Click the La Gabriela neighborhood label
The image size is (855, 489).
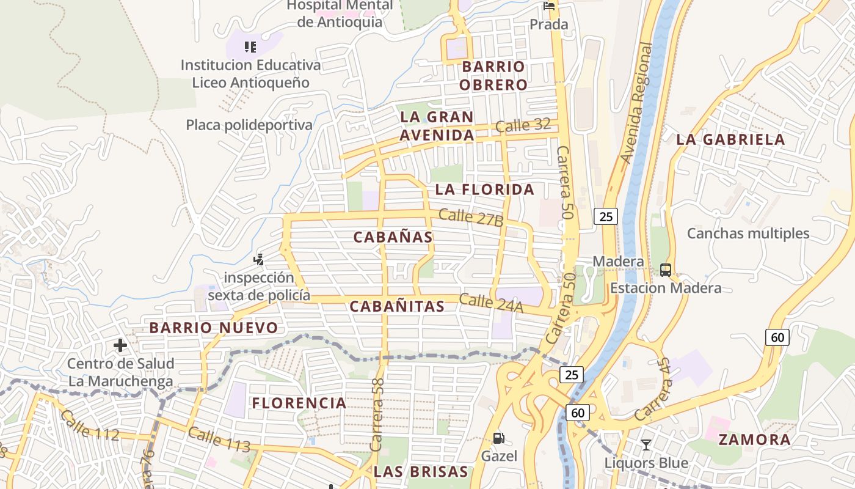point(730,139)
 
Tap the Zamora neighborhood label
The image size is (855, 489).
point(754,439)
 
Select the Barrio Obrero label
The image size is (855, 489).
point(493,76)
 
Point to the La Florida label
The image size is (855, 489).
point(485,189)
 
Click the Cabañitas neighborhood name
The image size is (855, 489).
point(397,307)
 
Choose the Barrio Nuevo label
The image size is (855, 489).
point(214,328)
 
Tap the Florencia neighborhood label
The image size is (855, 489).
point(299,403)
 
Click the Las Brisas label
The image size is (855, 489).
point(421,472)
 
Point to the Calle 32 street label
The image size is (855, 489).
point(523,126)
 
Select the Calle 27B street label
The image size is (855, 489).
point(471,218)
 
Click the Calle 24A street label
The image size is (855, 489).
point(491,303)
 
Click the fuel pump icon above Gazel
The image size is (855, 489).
point(499,438)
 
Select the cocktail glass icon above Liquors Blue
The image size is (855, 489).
point(646,444)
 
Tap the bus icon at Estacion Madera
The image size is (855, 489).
point(666,270)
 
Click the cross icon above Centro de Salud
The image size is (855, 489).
point(120,345)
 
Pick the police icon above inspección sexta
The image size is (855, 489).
point(259,259)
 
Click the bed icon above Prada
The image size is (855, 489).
point(549,7)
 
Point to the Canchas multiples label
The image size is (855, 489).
point(748,233)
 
